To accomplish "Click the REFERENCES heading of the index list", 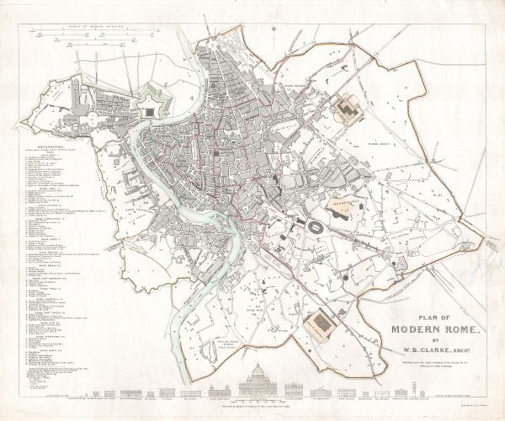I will tap(50, 144).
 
